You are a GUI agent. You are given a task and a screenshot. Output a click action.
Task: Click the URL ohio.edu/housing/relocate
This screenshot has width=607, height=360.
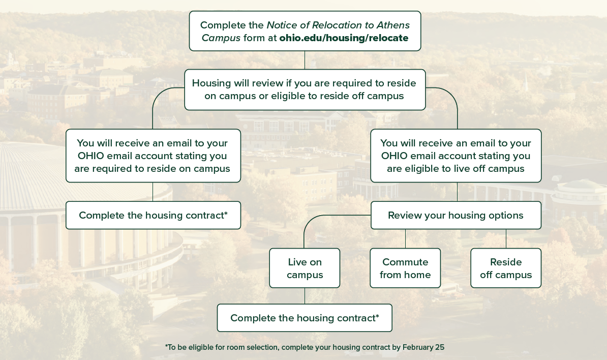pyautogui.click(x=344, y=38)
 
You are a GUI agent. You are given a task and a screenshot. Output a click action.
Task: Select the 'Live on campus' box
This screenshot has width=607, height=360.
pyautogui.click(x=305, y=268)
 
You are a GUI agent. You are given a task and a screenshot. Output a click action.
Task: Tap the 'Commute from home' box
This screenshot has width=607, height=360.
pyautogui.click(x=405, y=268)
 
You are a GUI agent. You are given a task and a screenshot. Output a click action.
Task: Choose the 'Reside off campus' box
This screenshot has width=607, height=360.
pyautogui.click(x=506, y=268)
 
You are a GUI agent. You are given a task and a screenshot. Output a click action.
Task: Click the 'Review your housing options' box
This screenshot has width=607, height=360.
pyautogui.click(x=456, y=215)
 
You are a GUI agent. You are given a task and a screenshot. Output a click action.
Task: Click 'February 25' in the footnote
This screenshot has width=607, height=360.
pyautogui.click(x=423, y=347)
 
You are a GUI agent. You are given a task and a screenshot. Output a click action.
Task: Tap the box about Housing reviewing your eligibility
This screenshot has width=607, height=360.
pyautogui.click(x=305, y=89)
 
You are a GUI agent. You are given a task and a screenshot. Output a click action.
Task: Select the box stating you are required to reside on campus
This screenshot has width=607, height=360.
pyautogui.click(x=153, y=156)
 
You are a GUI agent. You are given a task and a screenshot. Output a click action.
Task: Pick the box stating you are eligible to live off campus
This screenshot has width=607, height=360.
pyautogui.click(x=456, y=156)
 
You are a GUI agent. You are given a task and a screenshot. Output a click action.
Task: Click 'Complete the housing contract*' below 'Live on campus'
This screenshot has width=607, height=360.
pyautogui.click(x=305, y=318)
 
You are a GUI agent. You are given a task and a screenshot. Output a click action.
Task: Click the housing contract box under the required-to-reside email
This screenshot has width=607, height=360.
pyautogui.click(x=153, y=215)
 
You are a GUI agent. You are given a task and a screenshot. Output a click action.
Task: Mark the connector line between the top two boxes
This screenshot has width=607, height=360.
pyautogui.click(x=305, y=60)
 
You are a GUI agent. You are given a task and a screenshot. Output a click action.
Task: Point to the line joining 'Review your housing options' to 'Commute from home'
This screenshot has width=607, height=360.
pyautogui.click(x=405, y=238)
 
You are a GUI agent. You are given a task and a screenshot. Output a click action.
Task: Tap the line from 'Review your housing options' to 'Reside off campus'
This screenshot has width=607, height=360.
pyautogui.click(x=506, y=238)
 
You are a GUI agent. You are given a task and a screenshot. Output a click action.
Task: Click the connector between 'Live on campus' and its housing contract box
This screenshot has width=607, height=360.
pyautogui.click(x=305, y=296)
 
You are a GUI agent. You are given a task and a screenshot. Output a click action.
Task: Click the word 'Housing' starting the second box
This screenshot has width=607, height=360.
pyautogui.click(x=210, y=83)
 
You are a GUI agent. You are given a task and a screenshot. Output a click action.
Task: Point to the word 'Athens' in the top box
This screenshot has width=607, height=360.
pyautogui.click(x=393, y=25)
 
